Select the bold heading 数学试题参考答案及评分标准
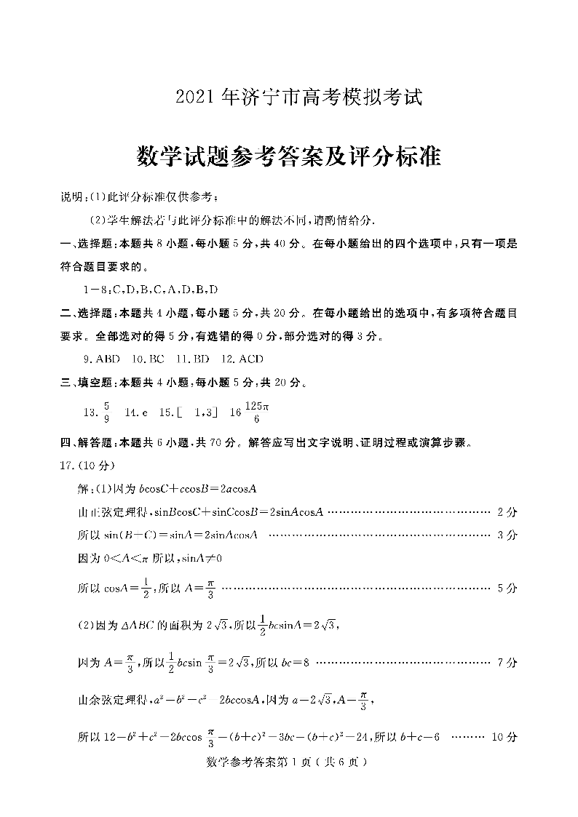tap(289, 155)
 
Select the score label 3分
tap(507, 535)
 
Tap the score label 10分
tap(504, 737)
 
